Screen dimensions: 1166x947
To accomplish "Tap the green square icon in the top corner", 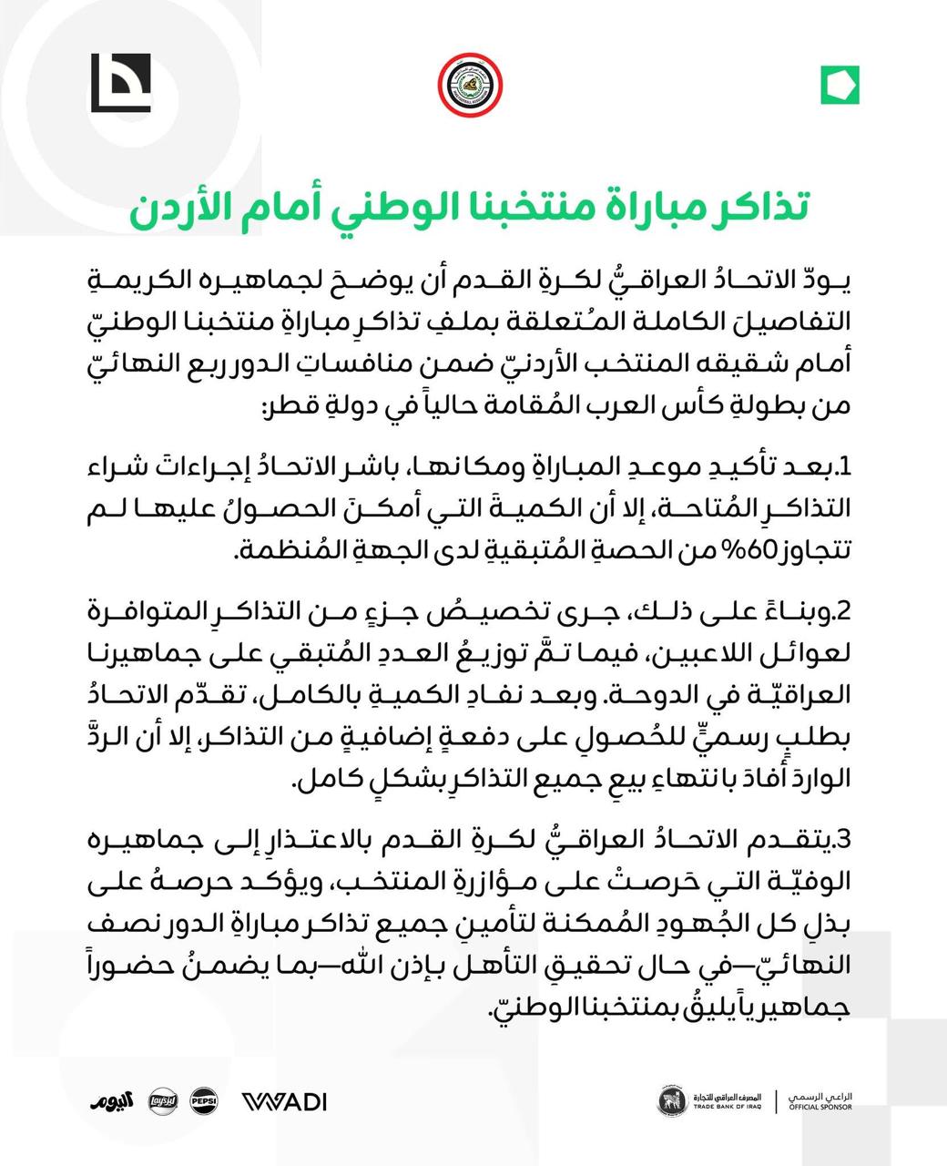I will pos(840,86).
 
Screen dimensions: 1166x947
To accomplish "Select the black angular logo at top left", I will pos(120,84).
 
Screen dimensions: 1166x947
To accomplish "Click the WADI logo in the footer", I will pos(284,1101).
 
